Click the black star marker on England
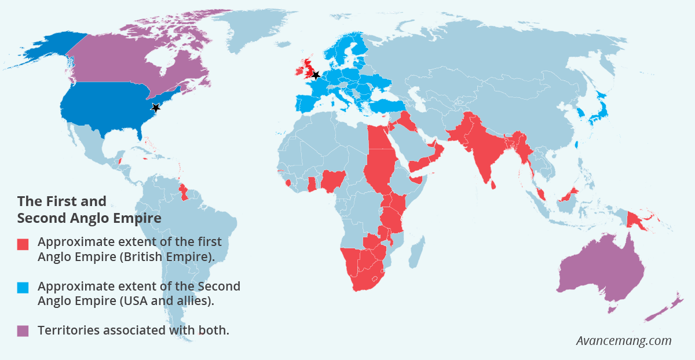coord(315,75)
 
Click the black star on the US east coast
coord(155,108)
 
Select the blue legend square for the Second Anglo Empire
coord(23,288)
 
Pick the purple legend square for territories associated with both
coord(23,331)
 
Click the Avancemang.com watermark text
coord(623,340)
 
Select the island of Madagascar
coord(415,252)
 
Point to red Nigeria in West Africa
coord(333,181)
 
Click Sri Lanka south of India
coord(493,185)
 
